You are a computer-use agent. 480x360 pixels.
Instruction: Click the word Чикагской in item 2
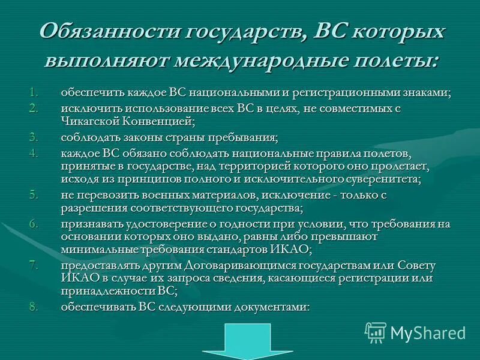pos(89,121)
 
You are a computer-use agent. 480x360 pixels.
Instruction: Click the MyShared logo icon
pos(376,332)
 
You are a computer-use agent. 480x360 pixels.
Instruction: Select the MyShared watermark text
pos(428,332)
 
